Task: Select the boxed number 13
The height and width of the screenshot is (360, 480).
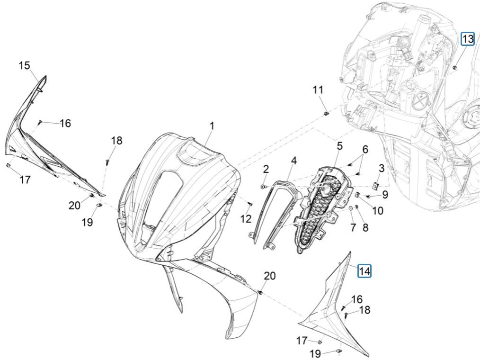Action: click(x=467, y=39)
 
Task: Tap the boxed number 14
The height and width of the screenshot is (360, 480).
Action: click(x=364, y=271)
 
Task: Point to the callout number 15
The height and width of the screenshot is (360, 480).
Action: click(x=25, y=65)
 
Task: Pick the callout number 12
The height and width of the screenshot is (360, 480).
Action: click(x=246, y=218)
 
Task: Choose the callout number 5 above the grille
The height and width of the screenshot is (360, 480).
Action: click(x=340, y=146)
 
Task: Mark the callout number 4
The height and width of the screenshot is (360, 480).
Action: click(x=294, y=161)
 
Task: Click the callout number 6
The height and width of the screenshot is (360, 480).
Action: click(x=365, y=149)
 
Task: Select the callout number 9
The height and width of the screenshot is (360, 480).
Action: click(x=385, y=194)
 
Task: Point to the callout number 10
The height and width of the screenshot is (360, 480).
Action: click(x=377, y=210)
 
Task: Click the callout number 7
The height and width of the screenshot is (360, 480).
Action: click(x=353, y=228)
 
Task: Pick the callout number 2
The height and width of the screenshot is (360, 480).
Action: click(x=266, y=169)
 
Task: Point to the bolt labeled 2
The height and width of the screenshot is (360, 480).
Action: click(x=264, y=188)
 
